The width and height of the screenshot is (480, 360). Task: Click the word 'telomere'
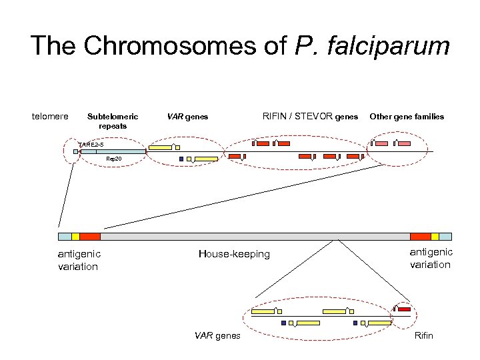[x=50, y=117]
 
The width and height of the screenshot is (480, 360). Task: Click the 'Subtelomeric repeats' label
[x=113, y=121]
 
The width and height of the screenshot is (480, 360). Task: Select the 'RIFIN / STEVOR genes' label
[x=310, y=117]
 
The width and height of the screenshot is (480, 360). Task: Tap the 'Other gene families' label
[x=407, y=117]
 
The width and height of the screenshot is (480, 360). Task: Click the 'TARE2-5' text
[x=91, y=145]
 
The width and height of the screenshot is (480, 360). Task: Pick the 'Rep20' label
[x=113, y=159]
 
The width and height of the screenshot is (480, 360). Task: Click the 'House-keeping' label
[x=234, y=253]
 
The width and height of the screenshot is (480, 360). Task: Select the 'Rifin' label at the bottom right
[x=423, y=335]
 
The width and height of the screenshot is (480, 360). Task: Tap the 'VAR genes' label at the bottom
[x=217, y=335]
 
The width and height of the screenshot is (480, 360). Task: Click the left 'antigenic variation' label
[x=79, y=259]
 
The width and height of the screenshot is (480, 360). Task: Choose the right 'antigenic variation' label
[x=431, y=258]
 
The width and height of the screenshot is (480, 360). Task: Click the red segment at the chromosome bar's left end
[x=90, y=236]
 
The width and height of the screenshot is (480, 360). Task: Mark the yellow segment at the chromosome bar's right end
[x=435, y=236]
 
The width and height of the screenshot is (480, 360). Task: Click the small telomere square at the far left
[x=76, y=152]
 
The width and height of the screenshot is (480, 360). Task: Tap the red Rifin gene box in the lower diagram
[x=404, y=309]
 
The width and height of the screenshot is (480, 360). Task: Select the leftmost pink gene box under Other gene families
[x=381, y=143]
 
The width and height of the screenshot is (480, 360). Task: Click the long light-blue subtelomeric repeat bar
[x=113, y=152]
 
